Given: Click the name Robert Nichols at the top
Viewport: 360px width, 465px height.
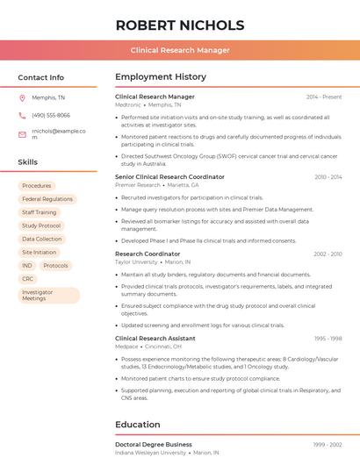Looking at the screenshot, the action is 180,25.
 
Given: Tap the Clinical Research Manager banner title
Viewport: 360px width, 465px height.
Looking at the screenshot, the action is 180,50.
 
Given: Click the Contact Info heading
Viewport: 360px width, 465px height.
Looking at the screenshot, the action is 41,77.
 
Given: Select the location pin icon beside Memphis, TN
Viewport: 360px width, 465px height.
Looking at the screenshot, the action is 22,97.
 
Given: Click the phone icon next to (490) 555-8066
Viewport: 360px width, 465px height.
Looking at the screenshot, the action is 22,115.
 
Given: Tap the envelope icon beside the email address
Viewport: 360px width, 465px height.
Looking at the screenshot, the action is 22,134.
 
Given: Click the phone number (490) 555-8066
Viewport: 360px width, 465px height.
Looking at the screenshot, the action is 50,115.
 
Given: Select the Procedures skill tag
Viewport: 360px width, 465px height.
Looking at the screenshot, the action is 37,186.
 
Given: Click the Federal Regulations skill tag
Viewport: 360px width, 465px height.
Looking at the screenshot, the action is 47,199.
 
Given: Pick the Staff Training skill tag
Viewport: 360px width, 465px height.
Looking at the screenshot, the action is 39,212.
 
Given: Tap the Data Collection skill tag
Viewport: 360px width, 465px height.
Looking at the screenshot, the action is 42,239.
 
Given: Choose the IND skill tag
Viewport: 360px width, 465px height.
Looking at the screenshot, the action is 27,265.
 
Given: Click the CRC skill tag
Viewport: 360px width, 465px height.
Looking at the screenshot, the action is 28,278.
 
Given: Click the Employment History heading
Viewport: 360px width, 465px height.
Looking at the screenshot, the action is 161,77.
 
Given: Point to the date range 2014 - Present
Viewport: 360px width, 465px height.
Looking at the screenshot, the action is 324,97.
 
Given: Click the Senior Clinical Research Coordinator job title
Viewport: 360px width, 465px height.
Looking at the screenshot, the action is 169,176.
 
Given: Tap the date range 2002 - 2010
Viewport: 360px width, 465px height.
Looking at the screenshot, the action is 327,254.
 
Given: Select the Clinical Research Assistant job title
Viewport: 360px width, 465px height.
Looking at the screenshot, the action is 155,338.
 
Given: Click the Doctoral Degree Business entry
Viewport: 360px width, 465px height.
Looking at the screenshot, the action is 154,445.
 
